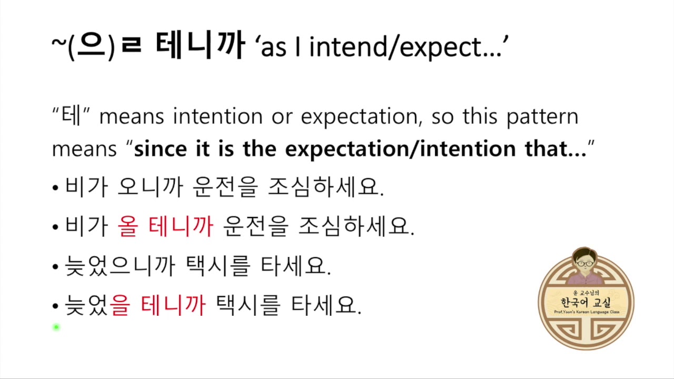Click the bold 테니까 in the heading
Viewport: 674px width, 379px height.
[200, 46]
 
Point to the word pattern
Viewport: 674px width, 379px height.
[542, 117]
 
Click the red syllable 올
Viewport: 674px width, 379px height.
[128, 227]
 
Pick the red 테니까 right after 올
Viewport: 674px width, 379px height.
[181, 227]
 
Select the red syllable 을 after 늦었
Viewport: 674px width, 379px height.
[120, 306]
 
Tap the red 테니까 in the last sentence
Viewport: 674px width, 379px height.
[174, 306]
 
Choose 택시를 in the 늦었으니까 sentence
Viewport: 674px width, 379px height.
[218, 267]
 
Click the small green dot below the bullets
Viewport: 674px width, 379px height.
[56, 327]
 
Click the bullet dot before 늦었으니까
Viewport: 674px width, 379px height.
[55, 267]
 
